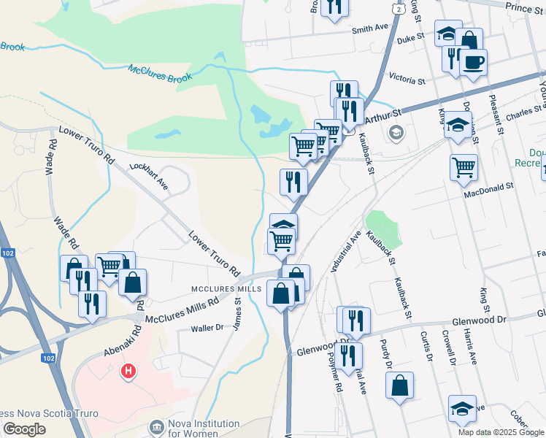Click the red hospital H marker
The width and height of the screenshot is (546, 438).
point(128,372)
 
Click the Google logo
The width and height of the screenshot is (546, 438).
point(24,429)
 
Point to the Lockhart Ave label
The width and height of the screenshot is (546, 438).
point(149,176)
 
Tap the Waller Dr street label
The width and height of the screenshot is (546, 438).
point(207,328)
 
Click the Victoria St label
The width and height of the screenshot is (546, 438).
point(407,80)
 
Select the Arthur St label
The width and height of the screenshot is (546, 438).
point(385,115)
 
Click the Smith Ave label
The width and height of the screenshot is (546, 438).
point(370,29)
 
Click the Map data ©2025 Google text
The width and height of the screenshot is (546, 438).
point(501,431)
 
